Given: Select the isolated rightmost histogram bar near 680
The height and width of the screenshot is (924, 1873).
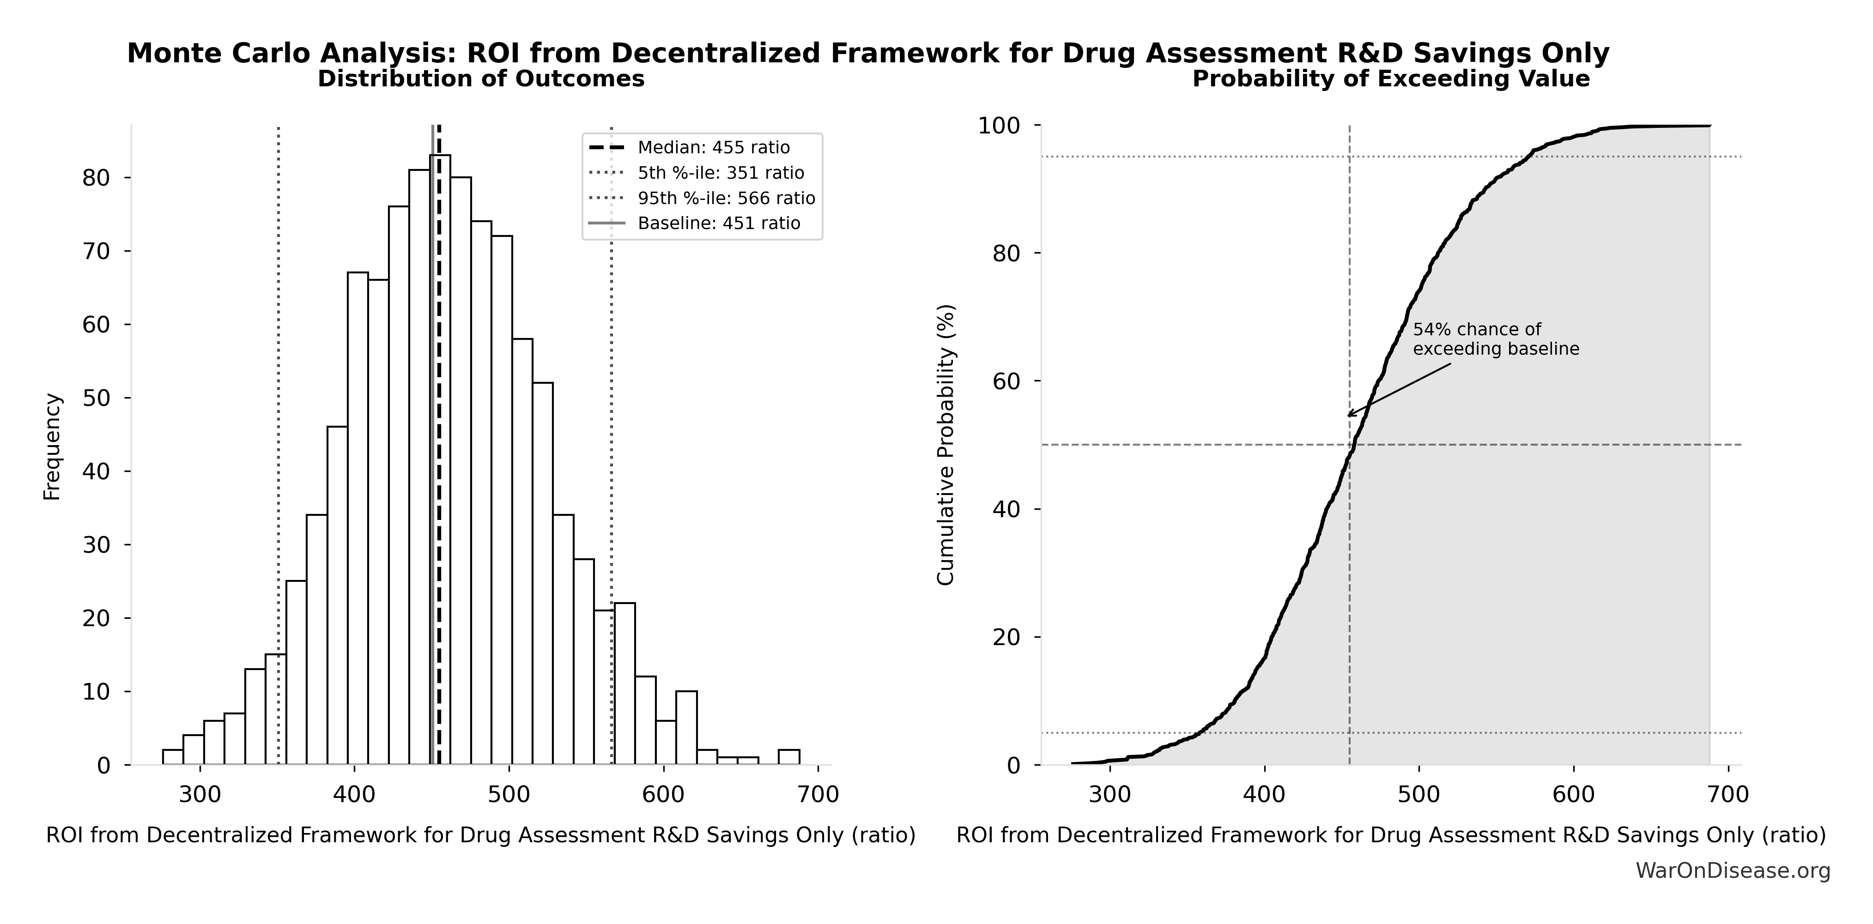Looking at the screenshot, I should point(789,757).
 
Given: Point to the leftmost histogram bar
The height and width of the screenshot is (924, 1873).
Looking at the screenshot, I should point(172,757).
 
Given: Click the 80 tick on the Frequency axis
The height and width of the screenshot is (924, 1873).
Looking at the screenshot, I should point(96,178).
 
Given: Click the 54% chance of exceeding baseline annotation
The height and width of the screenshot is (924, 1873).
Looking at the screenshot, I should point(1496,339).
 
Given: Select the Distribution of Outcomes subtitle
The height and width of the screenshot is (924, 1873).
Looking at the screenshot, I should point(481,79).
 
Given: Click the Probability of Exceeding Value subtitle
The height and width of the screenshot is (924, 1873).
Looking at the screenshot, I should point(1390,79).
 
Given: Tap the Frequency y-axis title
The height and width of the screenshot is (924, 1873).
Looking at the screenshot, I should point(52,447).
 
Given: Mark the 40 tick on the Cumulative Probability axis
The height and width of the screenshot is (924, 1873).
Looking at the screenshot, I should point(1006,509).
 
